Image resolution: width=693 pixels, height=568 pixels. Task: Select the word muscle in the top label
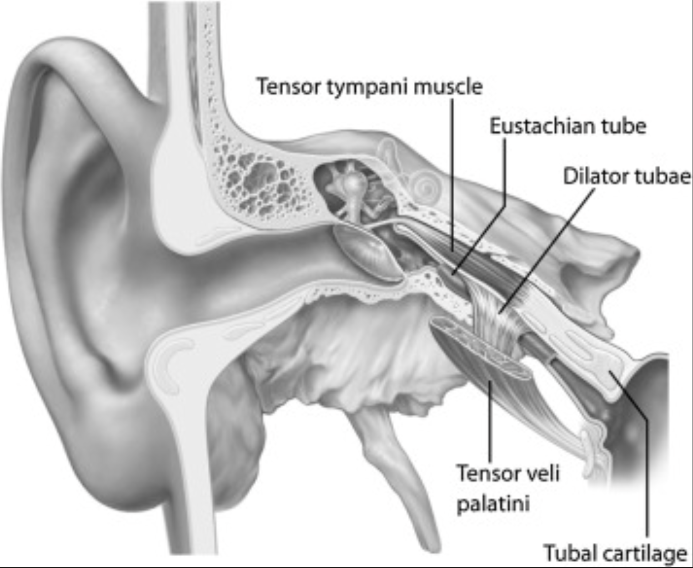(448, 86)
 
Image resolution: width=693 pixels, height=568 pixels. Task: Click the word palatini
(493, 504)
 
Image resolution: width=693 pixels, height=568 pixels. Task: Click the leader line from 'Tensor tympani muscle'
(452, 173)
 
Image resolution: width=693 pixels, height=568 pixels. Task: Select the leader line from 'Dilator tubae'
(546, 250)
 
